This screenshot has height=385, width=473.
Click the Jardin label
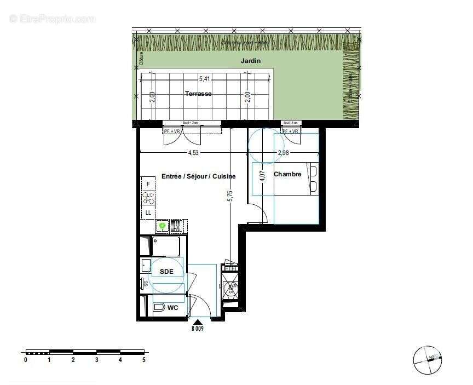(x=251, y=61)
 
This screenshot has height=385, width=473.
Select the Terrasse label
(x=198, y=94)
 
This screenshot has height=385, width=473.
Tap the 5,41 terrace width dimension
(x=205, y=78)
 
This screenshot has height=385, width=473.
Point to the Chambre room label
(x=287, y=174)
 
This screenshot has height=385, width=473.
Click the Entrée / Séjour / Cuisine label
(x=198, y=176)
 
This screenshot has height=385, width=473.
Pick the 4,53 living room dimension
(x=193, y=153)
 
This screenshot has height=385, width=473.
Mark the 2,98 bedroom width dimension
(x=283, y=153)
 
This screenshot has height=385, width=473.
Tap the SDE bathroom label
(x=166, y=272)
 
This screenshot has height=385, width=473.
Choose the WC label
(x=172, y=308)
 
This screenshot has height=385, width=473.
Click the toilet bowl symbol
(x=159, y=308)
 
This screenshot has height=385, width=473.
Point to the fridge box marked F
(x=148, y=185)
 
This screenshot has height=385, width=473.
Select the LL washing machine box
(x=148, y=212)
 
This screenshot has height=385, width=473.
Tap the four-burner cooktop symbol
(x=148, y=198)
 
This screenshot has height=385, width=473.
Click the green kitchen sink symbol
(x=162, y=225)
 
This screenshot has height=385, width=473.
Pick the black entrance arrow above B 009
(x=197, y=322)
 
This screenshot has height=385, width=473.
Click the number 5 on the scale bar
(x=144, y=360)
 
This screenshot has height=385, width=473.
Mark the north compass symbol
(x=428, y=360)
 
